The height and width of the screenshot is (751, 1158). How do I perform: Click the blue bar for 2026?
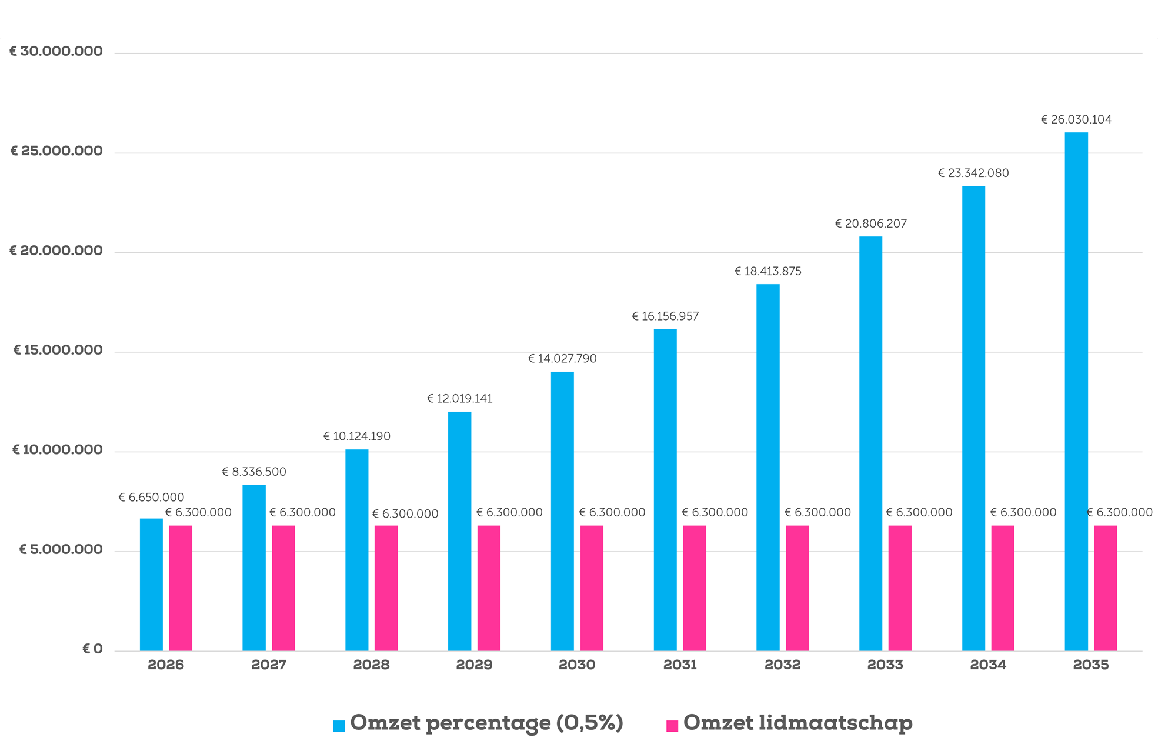151,585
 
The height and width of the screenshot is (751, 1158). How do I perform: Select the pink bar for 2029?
489,588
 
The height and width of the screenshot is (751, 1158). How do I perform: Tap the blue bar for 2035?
1076,392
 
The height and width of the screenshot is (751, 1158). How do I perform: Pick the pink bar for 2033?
900,588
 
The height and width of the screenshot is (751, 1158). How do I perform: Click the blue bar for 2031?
665,490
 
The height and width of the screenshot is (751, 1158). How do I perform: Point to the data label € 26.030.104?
1076,120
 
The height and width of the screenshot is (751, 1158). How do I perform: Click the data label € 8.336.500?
254,472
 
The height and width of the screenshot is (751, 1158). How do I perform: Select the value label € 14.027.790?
562,359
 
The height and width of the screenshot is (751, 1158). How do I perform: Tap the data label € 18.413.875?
768,272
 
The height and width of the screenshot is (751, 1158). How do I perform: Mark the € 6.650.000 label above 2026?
151,498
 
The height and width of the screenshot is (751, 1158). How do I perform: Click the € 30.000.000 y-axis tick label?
56,52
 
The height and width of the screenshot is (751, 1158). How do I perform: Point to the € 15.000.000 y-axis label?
58,351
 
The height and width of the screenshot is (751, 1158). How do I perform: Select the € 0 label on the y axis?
92,649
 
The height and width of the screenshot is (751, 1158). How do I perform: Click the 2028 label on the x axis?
372,665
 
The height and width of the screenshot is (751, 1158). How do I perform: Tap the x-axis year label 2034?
988,665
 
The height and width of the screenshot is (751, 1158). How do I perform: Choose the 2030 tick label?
577,665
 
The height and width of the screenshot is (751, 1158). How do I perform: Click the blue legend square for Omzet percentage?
339,726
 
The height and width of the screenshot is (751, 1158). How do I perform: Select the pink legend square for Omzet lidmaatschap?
672,726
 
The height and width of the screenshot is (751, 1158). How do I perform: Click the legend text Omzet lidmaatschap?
798,723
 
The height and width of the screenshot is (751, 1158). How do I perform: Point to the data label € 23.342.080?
973,173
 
